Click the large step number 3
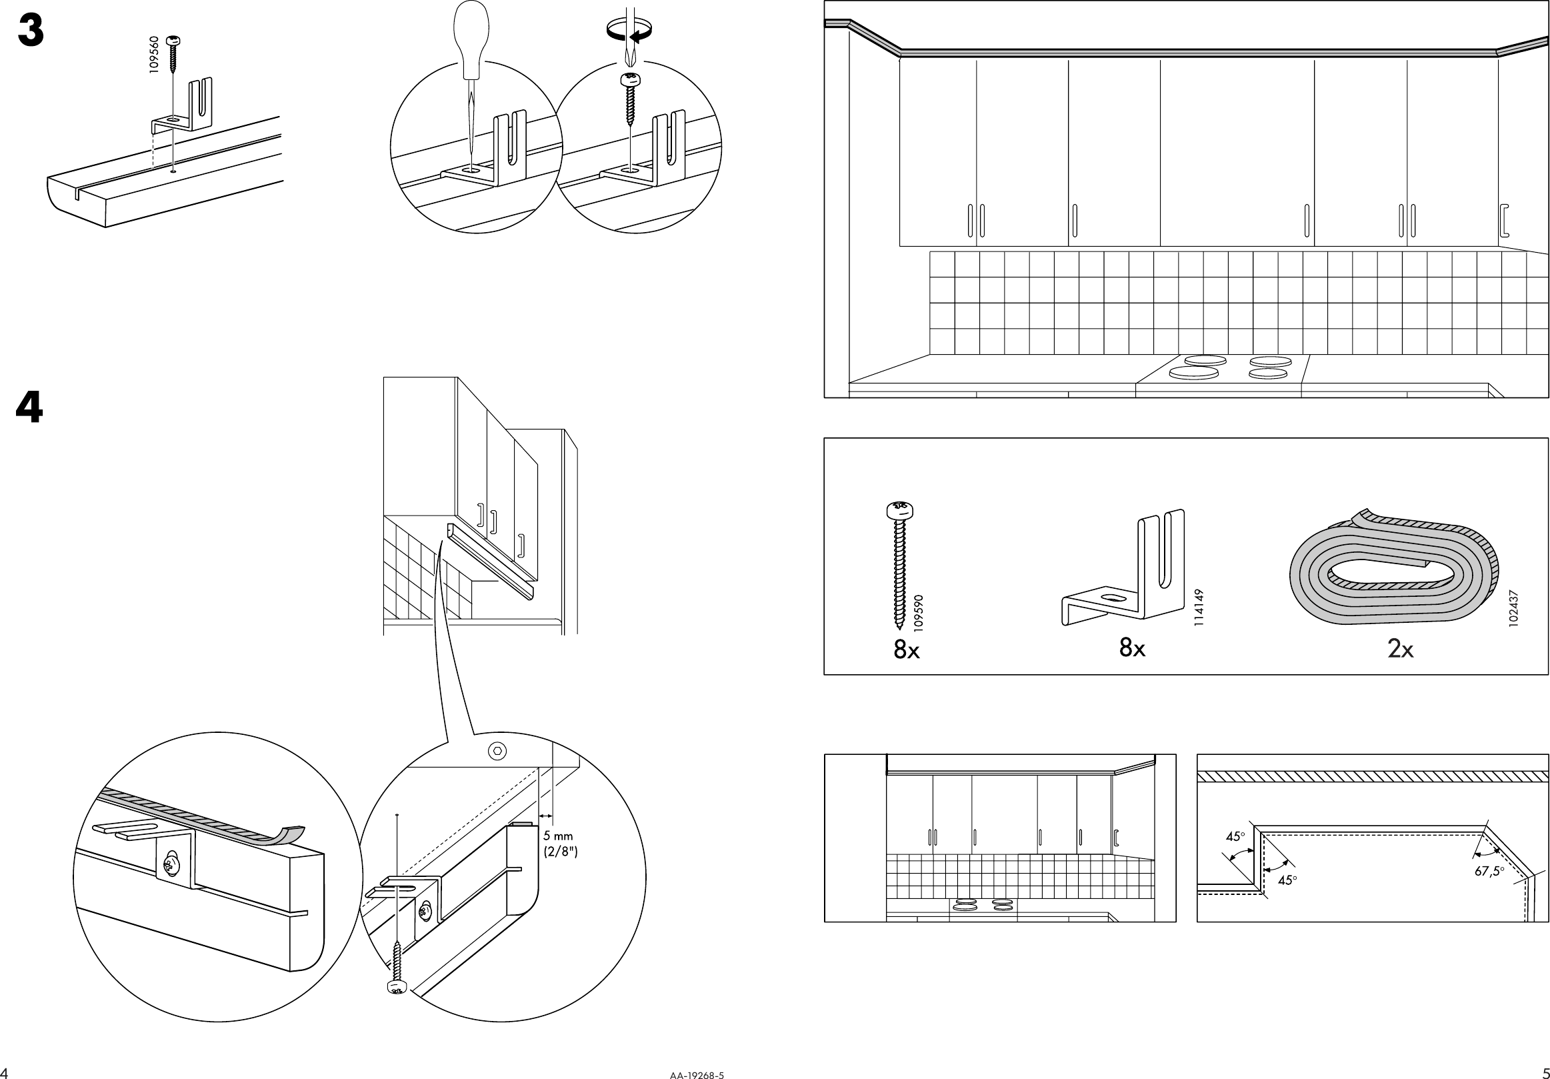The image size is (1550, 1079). tap(31, 31)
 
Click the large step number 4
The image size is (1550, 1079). tap(29, 409)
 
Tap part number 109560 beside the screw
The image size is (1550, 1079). tap(154, 55)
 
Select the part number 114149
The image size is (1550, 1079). tap(1198, 608)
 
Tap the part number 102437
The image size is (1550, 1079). tap(1513, 609)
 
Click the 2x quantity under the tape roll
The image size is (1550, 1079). tap(1401, 649)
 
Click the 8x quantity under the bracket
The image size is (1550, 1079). tap(1132, 648)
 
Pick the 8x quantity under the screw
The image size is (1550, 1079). tap(907, 650)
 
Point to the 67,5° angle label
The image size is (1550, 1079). tap(1489, 871)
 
